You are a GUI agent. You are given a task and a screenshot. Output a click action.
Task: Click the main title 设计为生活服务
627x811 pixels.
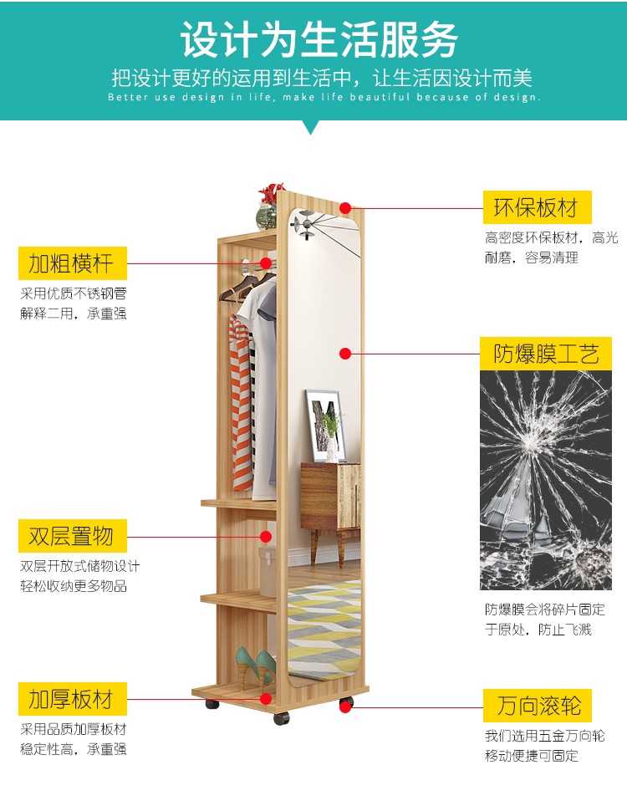(x=320, y=39)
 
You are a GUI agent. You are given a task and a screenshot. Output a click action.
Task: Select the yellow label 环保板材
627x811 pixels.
(x=536, y=207)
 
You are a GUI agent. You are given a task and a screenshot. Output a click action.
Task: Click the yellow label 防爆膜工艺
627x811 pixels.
(x=546, y=354)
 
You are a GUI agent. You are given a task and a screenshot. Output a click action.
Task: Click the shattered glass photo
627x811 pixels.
(x=545, y=480)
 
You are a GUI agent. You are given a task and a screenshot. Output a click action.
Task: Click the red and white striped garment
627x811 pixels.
(x=240, y=401)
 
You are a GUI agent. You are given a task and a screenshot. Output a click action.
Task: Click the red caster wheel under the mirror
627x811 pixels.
(x=345, y=707)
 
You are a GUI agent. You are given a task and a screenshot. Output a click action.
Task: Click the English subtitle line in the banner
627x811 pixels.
(x=324, y=98)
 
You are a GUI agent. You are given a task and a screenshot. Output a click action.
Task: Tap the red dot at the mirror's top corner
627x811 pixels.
(x=346, y=206)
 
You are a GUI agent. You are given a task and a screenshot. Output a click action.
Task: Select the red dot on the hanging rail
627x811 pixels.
(x=266, y=263)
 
